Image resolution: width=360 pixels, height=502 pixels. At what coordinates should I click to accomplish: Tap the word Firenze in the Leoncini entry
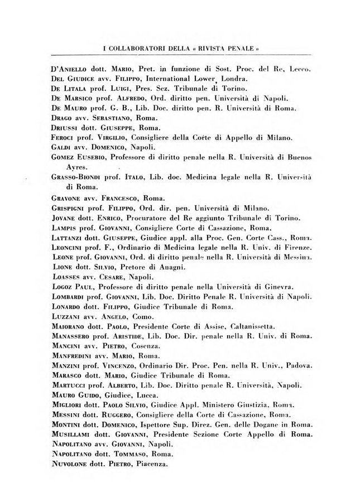coord(297,247)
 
